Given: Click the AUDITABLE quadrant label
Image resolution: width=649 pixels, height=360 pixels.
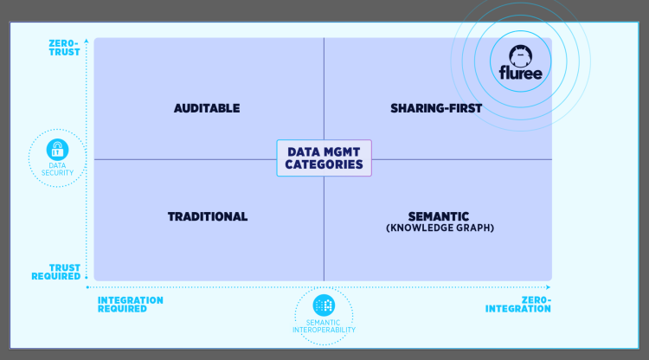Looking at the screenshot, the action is (x=207, y=108).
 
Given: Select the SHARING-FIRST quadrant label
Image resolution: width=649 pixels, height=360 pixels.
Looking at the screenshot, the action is (x=435, y=108).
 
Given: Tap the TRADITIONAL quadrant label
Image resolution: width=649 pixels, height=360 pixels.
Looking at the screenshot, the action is (x=208, y=216).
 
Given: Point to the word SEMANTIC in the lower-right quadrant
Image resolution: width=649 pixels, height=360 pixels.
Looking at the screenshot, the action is (x=438, y=216).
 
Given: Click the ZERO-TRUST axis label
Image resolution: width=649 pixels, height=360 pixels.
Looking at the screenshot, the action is (x=66, y=47).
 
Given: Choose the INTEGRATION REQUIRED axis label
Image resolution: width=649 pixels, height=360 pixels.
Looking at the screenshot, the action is (x=130, y=305).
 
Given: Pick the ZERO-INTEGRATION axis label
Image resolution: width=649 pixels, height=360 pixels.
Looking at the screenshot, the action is (x=517, y=305).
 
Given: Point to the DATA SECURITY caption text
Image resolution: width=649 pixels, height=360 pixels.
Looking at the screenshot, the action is (x=57, y=168).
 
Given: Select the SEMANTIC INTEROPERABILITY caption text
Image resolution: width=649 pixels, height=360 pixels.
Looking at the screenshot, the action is (x=324, y=326).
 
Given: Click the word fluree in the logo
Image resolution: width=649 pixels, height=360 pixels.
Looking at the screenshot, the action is (x=519, y=73).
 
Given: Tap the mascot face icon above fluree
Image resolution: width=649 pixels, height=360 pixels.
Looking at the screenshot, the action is (x=519, y=54).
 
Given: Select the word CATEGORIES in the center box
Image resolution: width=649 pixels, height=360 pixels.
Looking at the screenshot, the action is (x=324, y=165).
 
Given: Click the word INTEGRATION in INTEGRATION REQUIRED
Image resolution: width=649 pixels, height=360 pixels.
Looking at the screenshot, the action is (x=130, y=300).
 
